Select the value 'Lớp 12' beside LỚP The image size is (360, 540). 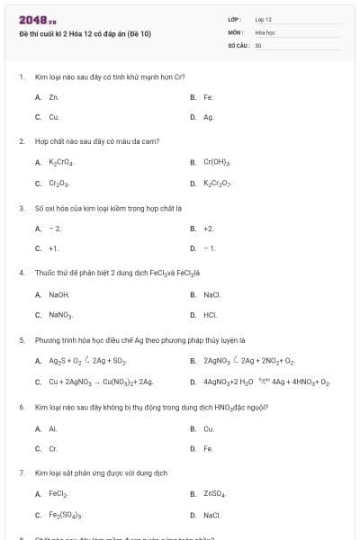tap(264, 19)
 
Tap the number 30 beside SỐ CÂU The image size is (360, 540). tap(258, 44)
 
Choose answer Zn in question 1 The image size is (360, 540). tap(54, 96)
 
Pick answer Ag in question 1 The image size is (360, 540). tap(208, 117)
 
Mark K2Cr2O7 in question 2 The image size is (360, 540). tap(218, 184)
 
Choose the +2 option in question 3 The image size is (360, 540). tap(208, 229)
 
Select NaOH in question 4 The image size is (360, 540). tap(58, 294)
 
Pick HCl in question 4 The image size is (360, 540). tap(210, 315)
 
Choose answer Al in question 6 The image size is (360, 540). tap(53, 428)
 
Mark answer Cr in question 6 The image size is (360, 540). tap(53, 448)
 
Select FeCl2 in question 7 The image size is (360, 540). tap(58, 494)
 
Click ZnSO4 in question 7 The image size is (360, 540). tap(214, 494)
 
